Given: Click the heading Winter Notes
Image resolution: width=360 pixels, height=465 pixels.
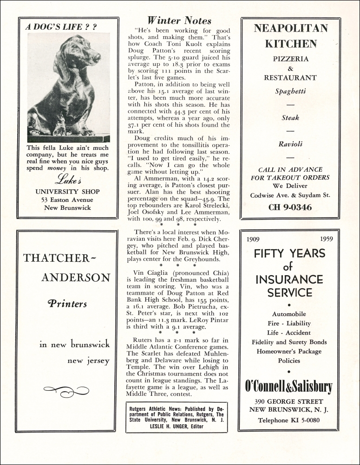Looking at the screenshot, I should [179, 20].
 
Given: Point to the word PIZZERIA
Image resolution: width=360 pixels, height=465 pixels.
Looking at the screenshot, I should [290, 59].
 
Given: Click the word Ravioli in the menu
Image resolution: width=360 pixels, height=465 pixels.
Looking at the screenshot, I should [290, 144].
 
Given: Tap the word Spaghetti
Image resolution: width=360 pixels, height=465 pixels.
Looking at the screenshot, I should [290, 91].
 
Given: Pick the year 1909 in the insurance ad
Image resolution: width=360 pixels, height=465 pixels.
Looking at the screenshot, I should [253, 239].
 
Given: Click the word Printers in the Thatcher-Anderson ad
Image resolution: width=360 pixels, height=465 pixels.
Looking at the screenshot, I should [67, 304].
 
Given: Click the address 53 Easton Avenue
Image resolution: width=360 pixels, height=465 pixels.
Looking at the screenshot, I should [68, 200].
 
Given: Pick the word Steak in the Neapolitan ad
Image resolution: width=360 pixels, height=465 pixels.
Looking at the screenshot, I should [290, 118].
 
